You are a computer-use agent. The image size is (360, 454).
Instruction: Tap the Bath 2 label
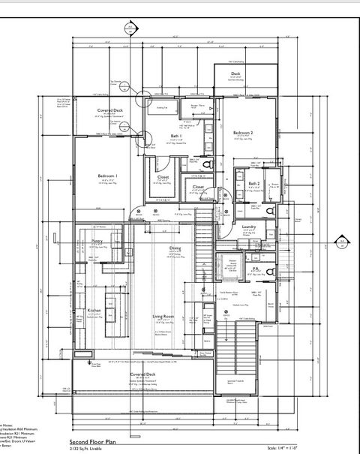tap(254, 183)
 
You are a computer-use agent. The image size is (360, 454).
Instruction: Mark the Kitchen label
tap(94, 310)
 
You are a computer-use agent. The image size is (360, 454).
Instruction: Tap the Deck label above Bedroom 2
tap(235, 74)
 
